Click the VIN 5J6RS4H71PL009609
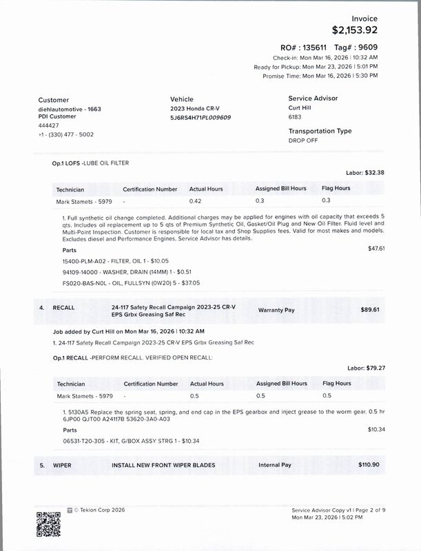point(201,118)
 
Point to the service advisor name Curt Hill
point(300,108)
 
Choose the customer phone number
point(66,134)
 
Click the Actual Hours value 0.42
point(196,201)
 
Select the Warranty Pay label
point(276,310)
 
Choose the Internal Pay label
point(275,465)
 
